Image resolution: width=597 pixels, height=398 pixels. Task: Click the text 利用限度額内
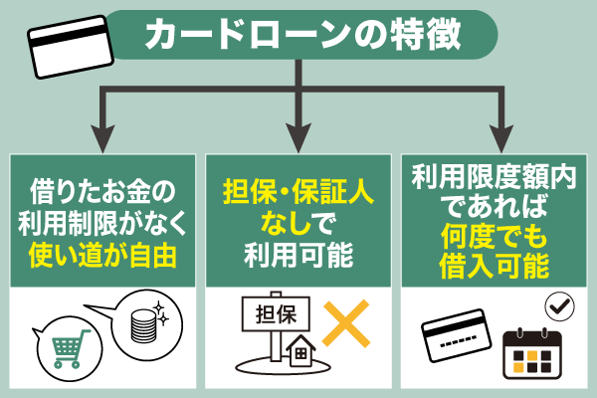(x=495, y=176)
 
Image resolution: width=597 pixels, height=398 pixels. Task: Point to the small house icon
(x=298, y=353)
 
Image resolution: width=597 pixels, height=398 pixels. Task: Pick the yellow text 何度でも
(x=495, y=235)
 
